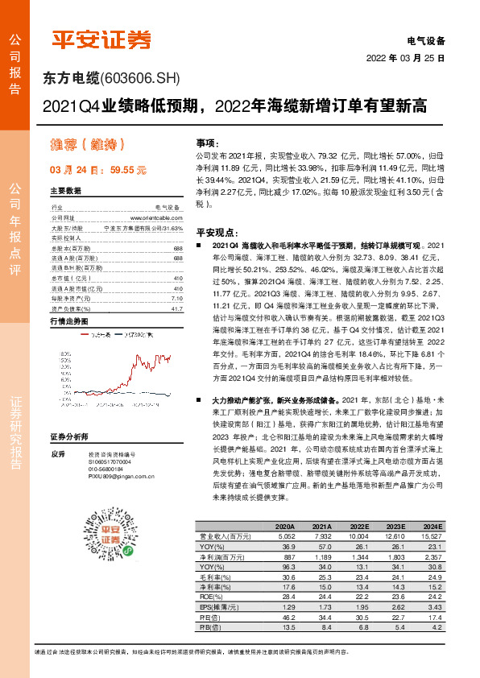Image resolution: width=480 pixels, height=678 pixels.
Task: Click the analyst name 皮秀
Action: click(56, 476)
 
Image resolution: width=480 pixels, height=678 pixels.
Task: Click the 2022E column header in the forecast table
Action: click(366, 525)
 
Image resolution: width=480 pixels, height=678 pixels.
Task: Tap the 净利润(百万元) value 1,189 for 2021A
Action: click(321, 557)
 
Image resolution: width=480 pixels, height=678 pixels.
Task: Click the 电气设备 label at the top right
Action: click(427, 40)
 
